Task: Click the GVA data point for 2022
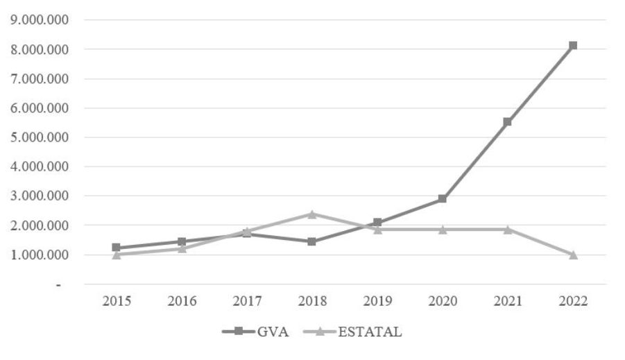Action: pos(573,46)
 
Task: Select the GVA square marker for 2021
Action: pos(508,121)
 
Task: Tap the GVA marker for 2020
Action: pos(442,199)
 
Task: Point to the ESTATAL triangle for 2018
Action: pos(311,214)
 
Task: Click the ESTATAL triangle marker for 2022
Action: pos(573,255)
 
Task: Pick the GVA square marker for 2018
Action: pos(311,241)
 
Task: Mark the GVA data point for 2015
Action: pos(116,248)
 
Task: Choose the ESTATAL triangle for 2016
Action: pos(181,248)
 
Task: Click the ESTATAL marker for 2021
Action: pos(508,229)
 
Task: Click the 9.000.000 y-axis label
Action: pos(40,19)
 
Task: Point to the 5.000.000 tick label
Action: pos(40,137)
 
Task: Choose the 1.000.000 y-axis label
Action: pos(40,255)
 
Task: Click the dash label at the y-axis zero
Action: pos(60,284)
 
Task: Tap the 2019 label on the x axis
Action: pos(377,301)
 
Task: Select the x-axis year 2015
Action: pos(116,301)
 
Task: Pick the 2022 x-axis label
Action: pos(573,301)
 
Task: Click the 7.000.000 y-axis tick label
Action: pos(40,78)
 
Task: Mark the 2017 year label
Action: pos(246,301)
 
